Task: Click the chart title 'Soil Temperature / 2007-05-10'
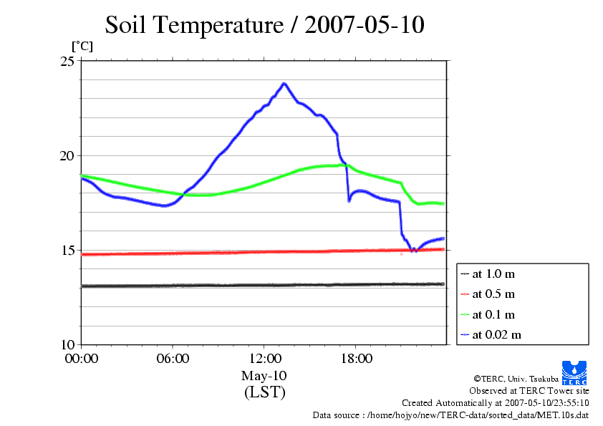point(264,26)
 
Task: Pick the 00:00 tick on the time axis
point(82,359)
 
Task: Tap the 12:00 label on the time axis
point(264,359)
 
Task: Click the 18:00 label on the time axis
point(356,359)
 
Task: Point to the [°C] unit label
point(81,47)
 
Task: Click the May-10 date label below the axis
point(264,376)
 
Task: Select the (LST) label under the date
point(264,392)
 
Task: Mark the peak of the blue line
point(284,84)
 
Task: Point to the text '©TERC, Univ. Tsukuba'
point(516,379)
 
